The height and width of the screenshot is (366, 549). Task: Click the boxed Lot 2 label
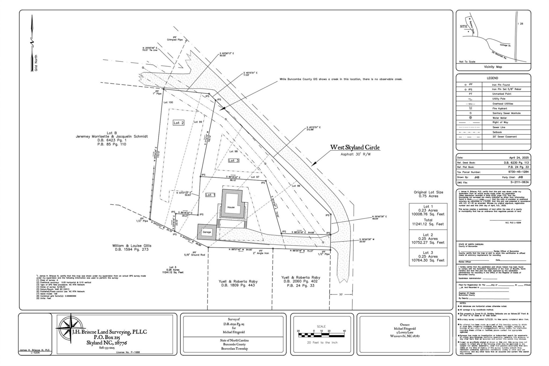179,123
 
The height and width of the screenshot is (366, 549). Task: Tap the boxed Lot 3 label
234,161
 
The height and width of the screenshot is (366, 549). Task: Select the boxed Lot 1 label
210,195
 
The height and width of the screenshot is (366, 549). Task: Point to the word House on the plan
231,207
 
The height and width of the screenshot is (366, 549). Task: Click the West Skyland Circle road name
355,148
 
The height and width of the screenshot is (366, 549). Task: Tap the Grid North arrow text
36,63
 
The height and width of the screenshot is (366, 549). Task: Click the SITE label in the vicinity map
464,27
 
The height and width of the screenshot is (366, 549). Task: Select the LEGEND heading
492,78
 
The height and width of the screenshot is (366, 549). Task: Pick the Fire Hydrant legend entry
500,108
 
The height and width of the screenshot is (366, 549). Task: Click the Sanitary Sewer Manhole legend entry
506,113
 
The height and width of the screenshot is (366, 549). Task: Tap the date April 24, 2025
519,158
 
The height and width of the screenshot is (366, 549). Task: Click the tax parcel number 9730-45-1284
518,172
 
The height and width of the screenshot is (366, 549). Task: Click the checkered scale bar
321,335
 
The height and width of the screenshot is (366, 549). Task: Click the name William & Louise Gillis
132,246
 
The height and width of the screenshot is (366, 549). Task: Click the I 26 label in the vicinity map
520,24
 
